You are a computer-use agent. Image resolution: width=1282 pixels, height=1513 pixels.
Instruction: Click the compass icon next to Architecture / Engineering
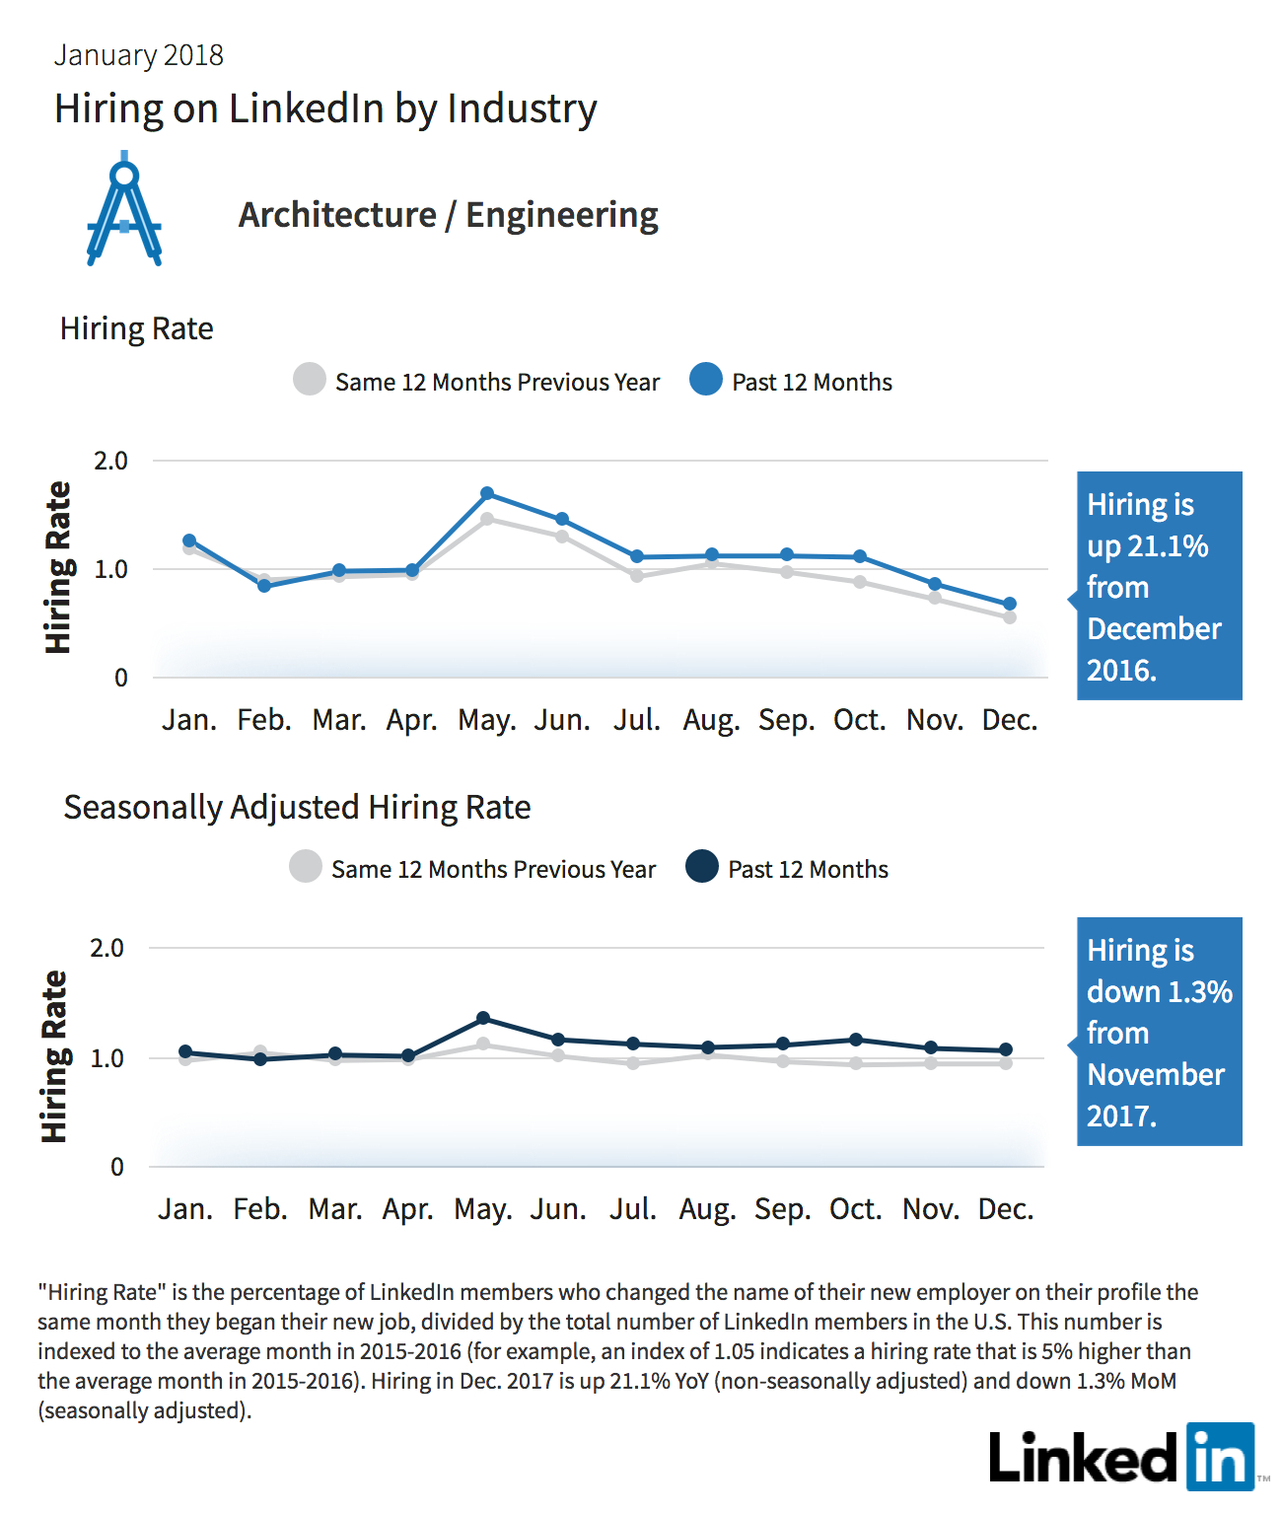pyautogui.click(x=123, y=209)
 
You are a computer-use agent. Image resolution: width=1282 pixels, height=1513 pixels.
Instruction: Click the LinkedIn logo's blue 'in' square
pyautogui.click(x=1220, y=1456)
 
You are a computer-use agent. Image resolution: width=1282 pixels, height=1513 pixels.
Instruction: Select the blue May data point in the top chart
pyautogui.click(x=487, y=493)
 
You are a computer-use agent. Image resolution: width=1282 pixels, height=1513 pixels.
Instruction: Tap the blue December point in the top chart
pyautogui.click(x=1010, y=604)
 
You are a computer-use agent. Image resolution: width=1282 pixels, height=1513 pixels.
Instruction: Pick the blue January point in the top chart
pyautogui.click(x=188, y=540)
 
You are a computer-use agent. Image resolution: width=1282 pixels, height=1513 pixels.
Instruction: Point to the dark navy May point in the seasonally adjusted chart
pyautogui.click(x=483, y=1018)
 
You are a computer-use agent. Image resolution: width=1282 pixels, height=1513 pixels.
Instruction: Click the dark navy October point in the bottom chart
pyautogui.click(x=856, y=1040)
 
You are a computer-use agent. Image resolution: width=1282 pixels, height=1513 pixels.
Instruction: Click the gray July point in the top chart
pyautogui.click(x=637, y=576)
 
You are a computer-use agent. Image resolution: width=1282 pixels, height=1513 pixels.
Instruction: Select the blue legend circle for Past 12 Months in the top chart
pyautogui.click(x=706, y=379)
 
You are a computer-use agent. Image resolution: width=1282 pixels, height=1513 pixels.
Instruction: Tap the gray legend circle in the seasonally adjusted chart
pyautogui.click(x=306, y=866)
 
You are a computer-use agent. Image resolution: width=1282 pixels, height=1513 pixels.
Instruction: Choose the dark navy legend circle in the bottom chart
pyautogui.click(x=702, y=866)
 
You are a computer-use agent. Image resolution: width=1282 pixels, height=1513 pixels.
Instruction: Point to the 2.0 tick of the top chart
pyautogui.click(x=110, y=462)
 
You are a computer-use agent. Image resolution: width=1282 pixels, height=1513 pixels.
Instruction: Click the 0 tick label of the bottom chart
pyautogui.click(x=117, y=1167)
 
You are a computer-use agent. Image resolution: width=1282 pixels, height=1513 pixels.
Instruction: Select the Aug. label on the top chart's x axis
pyautogui.click(x=711, y=721)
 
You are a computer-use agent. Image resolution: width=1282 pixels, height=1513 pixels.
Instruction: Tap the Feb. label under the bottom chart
pyautogui.click(x=260, y=1209)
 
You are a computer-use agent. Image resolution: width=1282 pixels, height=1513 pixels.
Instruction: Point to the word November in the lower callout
pyautogui.click(x=1156, y=1074)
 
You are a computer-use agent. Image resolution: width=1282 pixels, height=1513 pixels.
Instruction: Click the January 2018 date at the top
pyautogui.click(x=139, y=55)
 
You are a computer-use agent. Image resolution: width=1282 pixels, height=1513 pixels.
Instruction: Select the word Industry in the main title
pyautogui.click(x=523, y=109)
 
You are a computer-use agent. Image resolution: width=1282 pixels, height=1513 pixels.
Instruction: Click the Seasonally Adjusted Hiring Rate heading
pyautogui.click(x=297, y=808)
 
